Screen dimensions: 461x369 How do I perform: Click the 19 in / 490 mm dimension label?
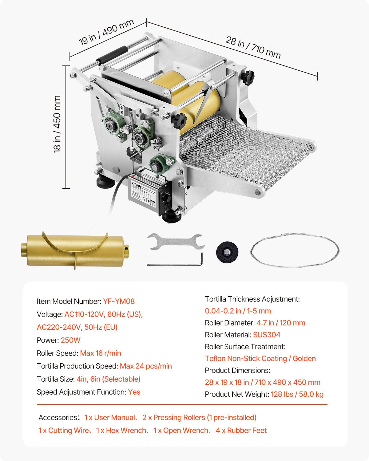[106, 32]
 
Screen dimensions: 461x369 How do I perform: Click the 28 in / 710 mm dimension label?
[253, 47]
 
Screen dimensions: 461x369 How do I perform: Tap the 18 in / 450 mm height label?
[57, 124]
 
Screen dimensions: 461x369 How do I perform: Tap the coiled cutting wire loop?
[295, 250]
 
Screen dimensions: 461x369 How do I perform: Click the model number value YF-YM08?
[119, 301]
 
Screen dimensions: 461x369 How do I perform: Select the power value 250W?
[70, 340]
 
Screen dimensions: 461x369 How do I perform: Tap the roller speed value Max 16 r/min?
[101, 353]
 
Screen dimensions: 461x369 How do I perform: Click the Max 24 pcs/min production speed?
[146, 366]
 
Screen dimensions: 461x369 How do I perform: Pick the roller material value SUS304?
[267, 335]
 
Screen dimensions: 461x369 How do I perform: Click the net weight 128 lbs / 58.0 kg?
[297, 394]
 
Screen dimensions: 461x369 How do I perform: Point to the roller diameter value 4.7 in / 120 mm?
[281, 323]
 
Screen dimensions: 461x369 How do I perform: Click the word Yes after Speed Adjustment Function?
[134, 392]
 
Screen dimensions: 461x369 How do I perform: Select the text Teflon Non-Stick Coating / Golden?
[260, 359]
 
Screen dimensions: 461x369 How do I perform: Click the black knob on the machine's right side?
[248, 77]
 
